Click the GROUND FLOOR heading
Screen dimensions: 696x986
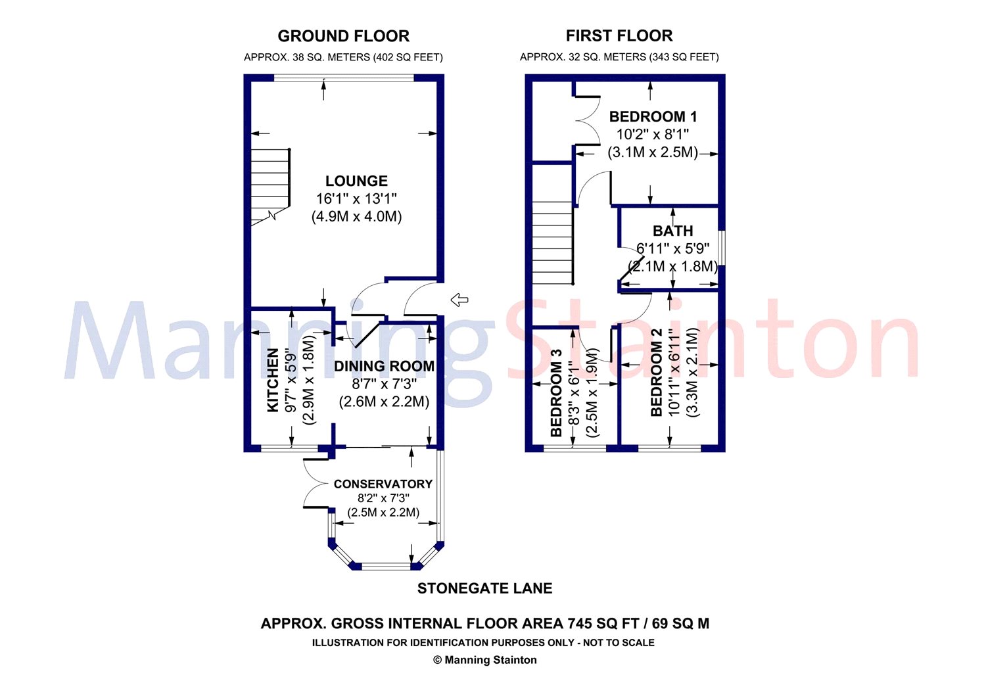click(343, 36)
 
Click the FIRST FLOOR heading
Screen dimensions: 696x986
click(619, 35)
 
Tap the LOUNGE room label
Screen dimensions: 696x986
click(356, 181)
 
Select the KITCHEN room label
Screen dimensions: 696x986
click(273, 380)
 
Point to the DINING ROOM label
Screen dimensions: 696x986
click(384, 366)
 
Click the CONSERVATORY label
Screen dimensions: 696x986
click(383, 484)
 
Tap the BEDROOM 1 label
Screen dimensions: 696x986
click(653, 117)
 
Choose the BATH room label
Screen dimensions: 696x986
click(672, 231)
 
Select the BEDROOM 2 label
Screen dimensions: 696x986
click(656, 372)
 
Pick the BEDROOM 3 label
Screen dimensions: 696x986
click(556, 392)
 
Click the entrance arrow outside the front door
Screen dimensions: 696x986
click(459, 300)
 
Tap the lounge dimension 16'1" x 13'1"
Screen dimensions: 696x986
click(356, 198)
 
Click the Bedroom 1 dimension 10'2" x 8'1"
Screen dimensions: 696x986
click(652, 135)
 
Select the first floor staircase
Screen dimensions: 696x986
click(552, 243)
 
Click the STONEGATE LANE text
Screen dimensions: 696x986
click(484, 588)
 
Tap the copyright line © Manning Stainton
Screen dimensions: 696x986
click(484, 660)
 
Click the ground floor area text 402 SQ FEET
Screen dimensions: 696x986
click(408, 57)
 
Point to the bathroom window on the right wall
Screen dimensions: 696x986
click(722, 247)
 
